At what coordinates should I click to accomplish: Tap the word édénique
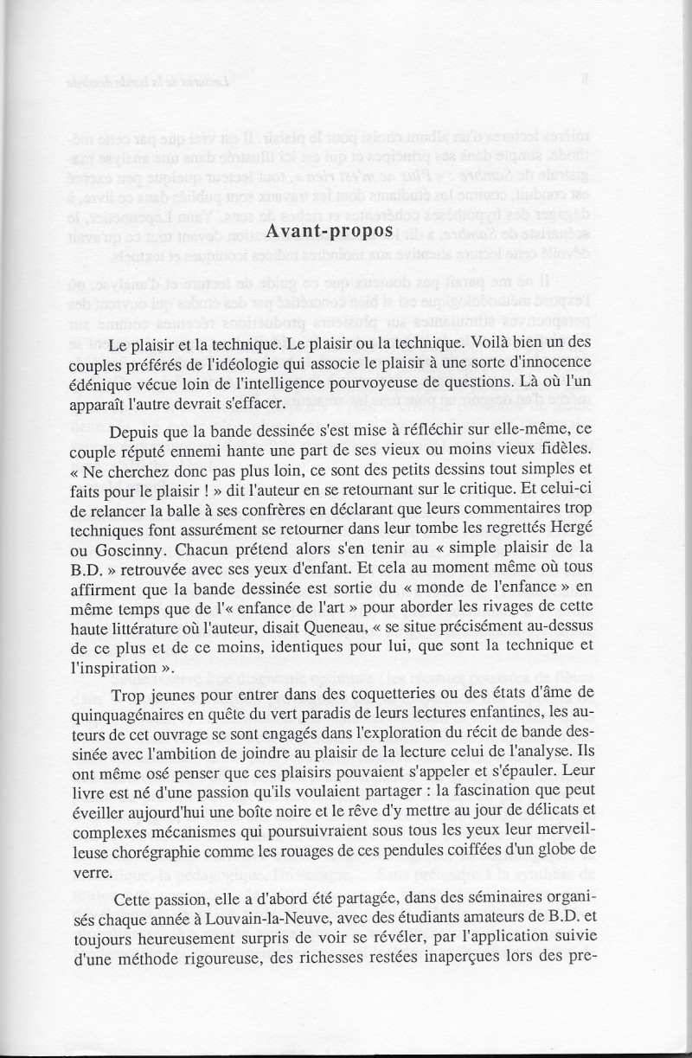101,382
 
